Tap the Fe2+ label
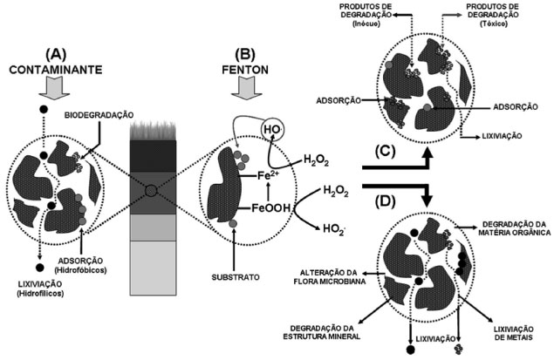269,178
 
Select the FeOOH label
271,210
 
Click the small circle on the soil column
152,188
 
